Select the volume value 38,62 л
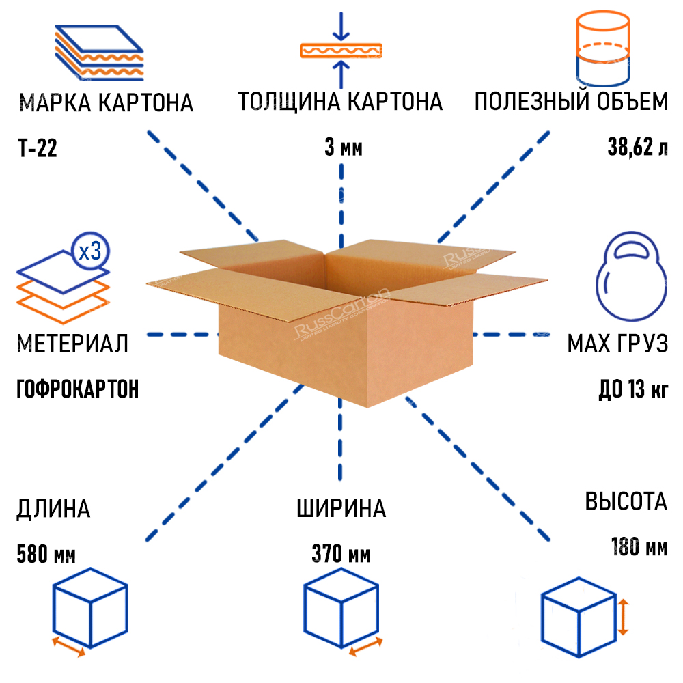click(x=638, y=148)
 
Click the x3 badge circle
click(x=89, y=251)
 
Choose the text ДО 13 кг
click(x=632, y=391)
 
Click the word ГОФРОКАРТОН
click(x=77, y=389)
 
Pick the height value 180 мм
click(x=638, y=547)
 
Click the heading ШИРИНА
click(x=341, y=509)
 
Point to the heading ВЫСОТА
click(x=626, y=502)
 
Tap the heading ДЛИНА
click(x=53, y=509)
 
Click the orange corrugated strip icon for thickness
click(x=341, y=51)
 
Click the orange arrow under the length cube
click(x=68, y=646)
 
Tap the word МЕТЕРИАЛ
click(x=72, y=344)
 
